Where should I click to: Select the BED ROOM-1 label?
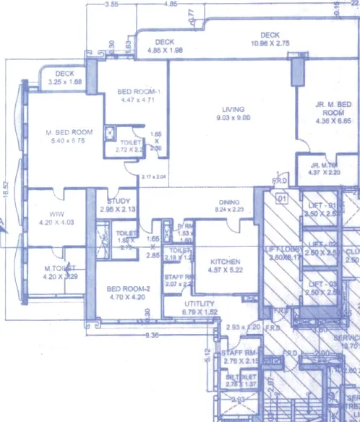coord(137,92)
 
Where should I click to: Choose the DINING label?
coord(229,202)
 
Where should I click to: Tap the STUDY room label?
coord(118,201)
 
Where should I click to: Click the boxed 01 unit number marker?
coord(283,197)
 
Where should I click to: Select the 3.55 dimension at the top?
coord(111,4)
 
